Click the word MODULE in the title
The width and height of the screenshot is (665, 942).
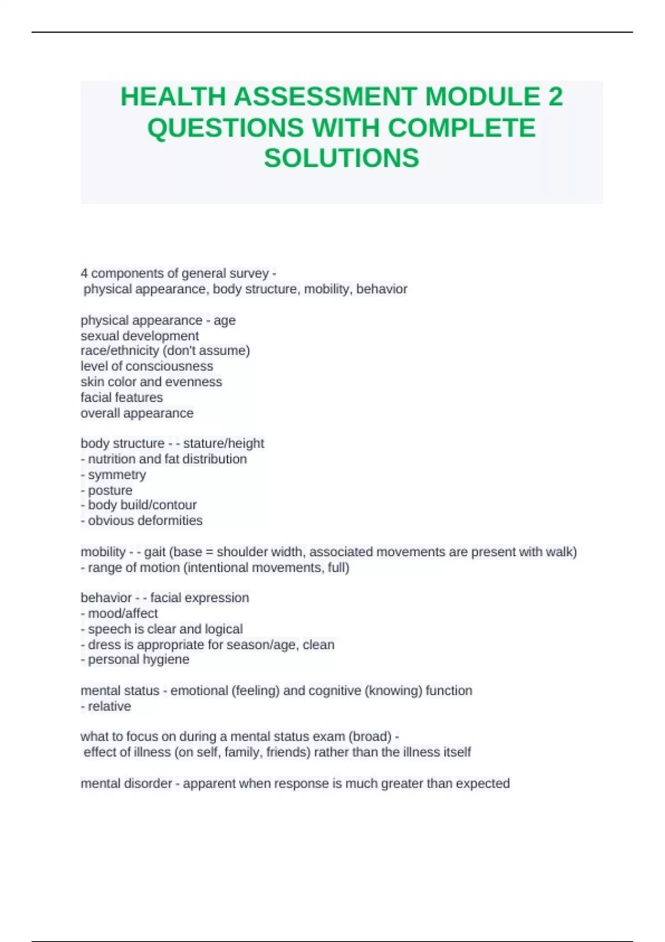pyautogui.click(x=482, y=97)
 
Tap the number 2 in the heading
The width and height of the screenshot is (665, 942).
pyautogui.click(x=555, y=97)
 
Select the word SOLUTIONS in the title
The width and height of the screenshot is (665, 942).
pyautogui.click(x=341, y=158)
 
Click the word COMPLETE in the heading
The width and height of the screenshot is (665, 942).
pyautogui.click(x=462, y=128)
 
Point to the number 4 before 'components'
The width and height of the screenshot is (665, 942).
pyautogui.click(x=84, y=274)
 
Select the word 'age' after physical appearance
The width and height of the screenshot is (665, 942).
pyautogui.click(x=224, y=320)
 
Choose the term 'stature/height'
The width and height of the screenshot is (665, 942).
pyautogui.click(x=223, y=443)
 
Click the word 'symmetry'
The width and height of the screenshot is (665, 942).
pyautogui.click(x=117, y=475)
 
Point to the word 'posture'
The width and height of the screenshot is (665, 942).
pyautogui.click(x=110, y=490)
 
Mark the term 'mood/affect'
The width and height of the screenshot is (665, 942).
pyautogui.click(x=122, y=613)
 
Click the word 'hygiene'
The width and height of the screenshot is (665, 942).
pyautogui.click(x=166, y=659)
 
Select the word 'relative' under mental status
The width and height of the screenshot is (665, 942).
pyautogui.click(x=109, y=706)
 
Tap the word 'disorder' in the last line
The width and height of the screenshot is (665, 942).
pyautogui.click(x=150, y=784)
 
